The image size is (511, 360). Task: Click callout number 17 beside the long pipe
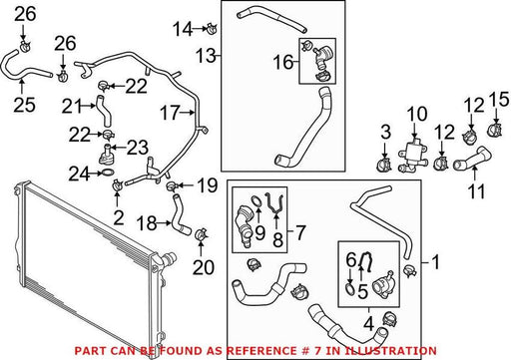coord(170,113)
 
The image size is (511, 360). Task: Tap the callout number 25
coord(24,104)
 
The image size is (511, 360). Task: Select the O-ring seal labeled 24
coord(107,173)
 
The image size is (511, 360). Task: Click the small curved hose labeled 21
coord(103,112)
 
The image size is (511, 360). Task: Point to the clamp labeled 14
coord(211,28)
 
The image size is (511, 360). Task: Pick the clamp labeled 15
coord(495,129)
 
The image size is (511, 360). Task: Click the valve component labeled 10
coord(413,156)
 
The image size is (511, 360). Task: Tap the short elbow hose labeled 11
coord(472,158)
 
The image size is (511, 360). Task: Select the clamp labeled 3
coord(383,165)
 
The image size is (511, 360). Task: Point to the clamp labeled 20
coord(201,234)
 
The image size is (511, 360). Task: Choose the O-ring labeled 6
coord(349,287)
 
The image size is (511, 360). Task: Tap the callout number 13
coord(206,56)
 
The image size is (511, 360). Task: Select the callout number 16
coord(283,63)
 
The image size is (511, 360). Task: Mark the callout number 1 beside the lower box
coord(435,262)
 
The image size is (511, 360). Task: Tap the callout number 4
coord(368,324)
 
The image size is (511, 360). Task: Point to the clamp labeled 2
coord(118,184)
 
